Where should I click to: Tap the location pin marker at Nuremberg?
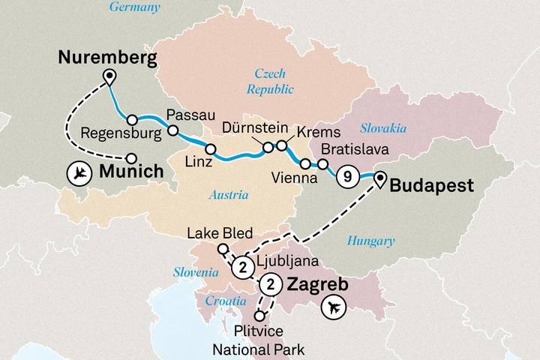point(110,76)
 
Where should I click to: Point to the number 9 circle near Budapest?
point(346,177)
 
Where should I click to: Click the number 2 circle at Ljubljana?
point(241,266)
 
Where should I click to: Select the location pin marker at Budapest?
point(380,178)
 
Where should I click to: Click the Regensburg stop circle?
point(131,119)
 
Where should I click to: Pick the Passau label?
point(186,115)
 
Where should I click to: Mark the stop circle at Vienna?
point(304,163)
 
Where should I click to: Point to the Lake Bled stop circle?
point(222,249)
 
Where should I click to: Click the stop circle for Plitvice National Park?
point(259,316)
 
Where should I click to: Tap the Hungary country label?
point(370,241)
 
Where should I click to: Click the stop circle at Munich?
point(131,158)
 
